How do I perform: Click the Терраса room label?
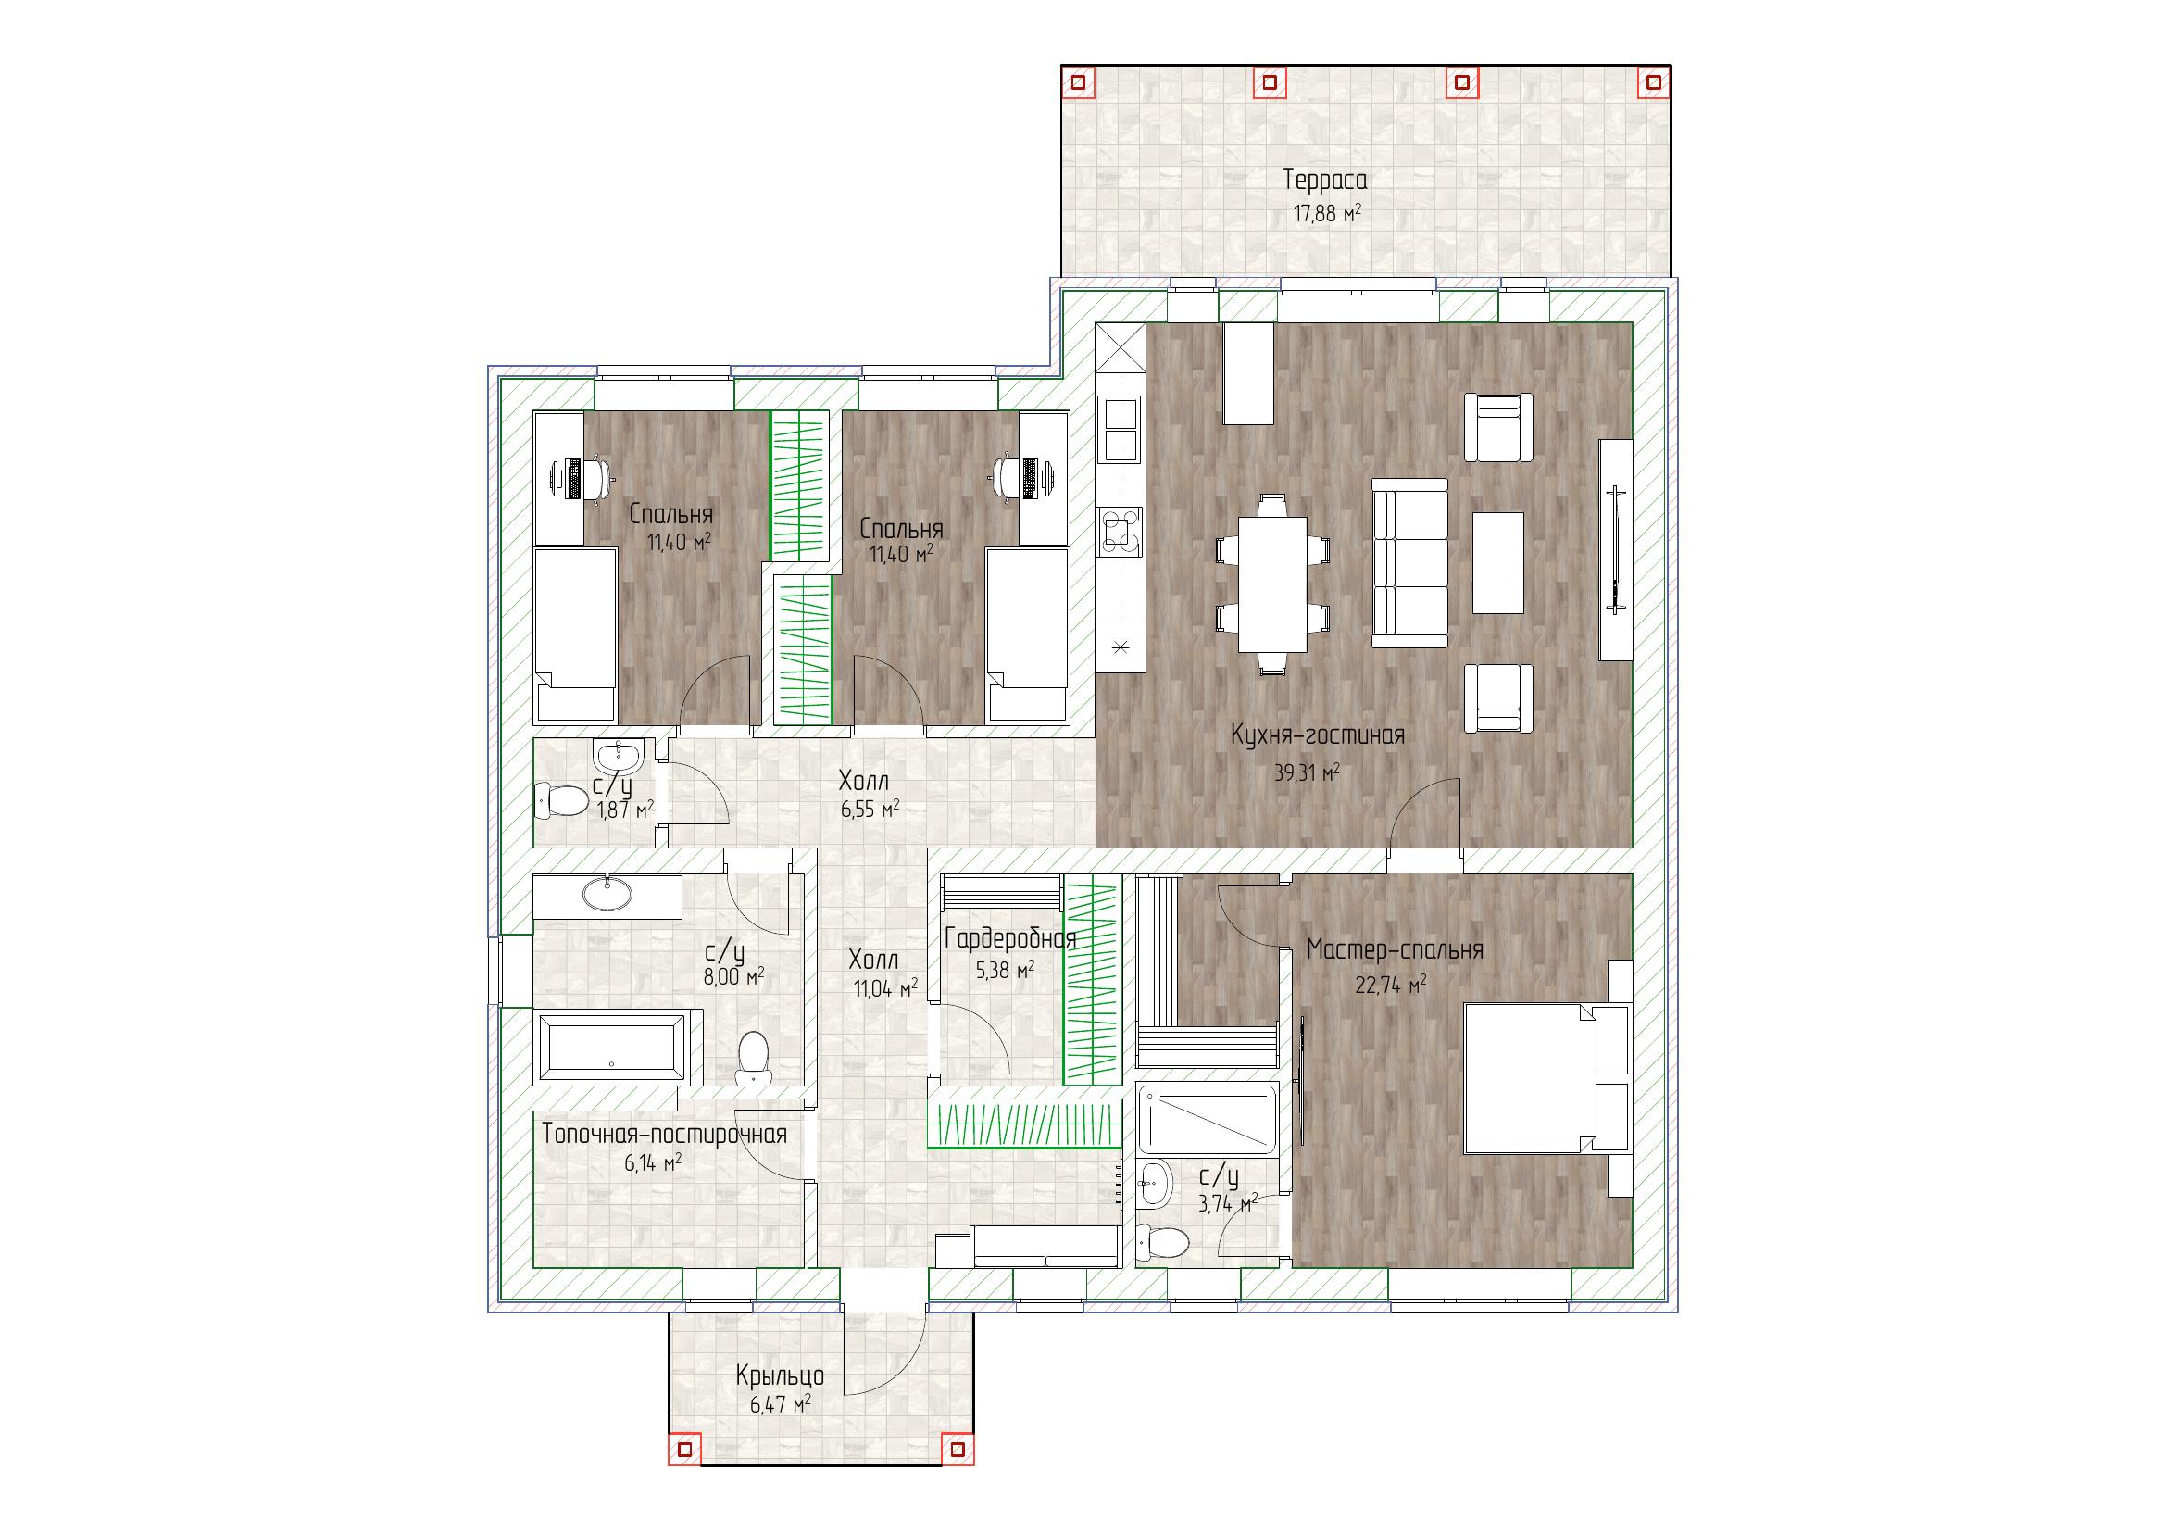click(1324, 180)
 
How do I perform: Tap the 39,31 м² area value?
click(1308, 772)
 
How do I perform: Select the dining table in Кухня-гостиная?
click(1272, 584)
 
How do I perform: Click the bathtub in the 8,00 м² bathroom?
click(612, 1048)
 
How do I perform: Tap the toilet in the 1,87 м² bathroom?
click(561, 802)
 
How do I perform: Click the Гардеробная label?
click(1010, 939)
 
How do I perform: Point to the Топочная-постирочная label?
click(664, 1134)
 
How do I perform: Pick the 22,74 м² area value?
click(1391, 986)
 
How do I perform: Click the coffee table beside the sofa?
click(1498, 563)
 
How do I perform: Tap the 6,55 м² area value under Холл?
click(869, 810)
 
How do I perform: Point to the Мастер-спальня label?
click(1395, 950)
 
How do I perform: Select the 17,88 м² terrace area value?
click(1326, 213)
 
